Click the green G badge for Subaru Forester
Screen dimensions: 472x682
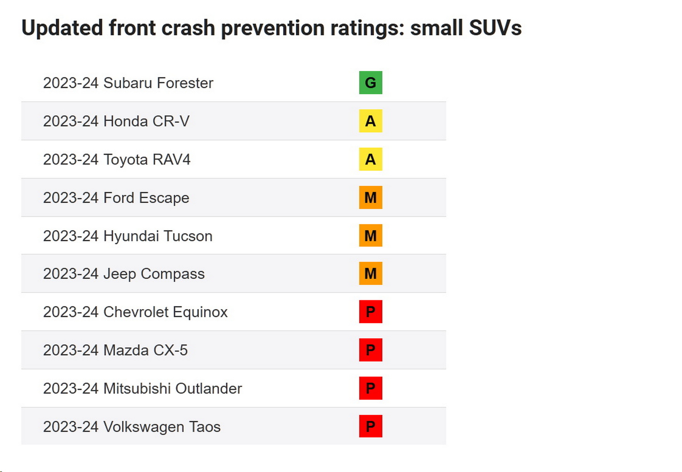(x=370, y=83)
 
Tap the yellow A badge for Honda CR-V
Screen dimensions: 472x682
(x=370, y=121)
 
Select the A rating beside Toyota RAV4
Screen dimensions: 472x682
(x=370, y=159)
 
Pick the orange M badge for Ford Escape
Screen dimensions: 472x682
(x=370, y=197)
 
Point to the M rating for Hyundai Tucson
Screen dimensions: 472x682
(x=370, y=235)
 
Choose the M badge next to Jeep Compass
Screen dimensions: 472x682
(x=370, y=273)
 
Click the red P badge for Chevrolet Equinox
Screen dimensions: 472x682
(x=370, y=312)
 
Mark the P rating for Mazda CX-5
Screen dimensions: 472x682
(x=370, y=350)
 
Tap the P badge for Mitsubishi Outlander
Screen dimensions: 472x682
(x=370, y=388)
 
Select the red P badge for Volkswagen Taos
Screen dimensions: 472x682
(x=370, y=426)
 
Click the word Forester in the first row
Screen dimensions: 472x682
(x=185, y=83)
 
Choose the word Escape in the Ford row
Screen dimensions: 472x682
(x=164, y=198)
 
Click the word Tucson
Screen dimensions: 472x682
(x=188, y=236)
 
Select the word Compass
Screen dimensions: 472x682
(x=173, y=274)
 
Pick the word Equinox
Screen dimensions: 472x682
(x=200, y=312)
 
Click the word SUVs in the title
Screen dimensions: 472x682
(x=495, y=28)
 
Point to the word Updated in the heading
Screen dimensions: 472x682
(x=62, y=28)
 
